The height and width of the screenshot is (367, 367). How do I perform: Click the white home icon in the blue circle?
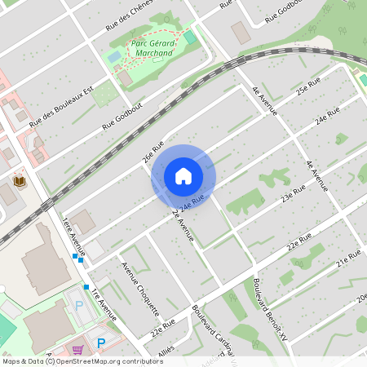tap(183, 176)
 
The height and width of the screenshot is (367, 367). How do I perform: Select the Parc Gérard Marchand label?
tap(151, 48)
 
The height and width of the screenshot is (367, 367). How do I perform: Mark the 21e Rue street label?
tap(348, 257)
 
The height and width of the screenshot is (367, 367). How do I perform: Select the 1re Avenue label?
tap(104, 304)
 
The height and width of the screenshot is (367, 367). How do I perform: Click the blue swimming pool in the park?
tap(114, 57)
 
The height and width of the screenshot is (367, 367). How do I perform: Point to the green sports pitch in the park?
tap(189, 37)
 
